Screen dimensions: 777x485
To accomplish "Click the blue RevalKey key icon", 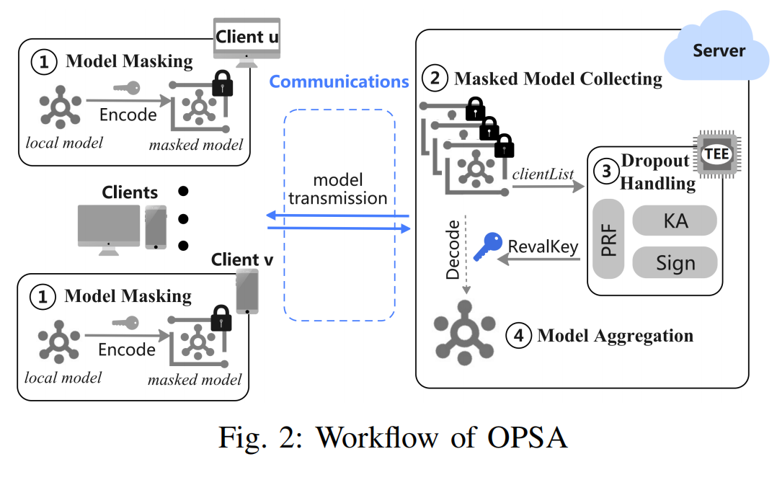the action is (487, 246).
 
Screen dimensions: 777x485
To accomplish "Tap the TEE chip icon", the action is (717, 154).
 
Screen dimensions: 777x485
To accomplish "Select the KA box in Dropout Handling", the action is (675, 221).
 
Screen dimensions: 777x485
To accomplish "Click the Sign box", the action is (675, 262).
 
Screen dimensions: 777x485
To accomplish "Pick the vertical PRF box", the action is (608, 239).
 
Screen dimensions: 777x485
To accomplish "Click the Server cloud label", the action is (719, 50).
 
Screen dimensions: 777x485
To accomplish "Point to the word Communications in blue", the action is (339, 81).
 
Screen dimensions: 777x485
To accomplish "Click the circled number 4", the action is (518, 335).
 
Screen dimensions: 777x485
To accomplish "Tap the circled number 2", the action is (435, 78).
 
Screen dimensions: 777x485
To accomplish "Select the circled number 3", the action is (606, 172).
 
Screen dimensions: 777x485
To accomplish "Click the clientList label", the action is (543, 174).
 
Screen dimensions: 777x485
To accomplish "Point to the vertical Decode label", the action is (453, 250).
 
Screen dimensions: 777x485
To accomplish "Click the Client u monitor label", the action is (247, 37).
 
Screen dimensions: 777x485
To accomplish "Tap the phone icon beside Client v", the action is (247, 292).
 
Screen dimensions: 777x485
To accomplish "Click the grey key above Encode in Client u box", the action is (126, 88).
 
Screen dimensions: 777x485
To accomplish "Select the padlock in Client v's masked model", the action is (221, 318).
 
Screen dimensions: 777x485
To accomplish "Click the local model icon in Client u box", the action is (61, 107).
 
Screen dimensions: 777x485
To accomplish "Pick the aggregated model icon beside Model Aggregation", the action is (464, 332).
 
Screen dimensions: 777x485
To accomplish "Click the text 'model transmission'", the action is (338, 189).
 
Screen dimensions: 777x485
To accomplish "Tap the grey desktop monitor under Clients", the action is (109, 230).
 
